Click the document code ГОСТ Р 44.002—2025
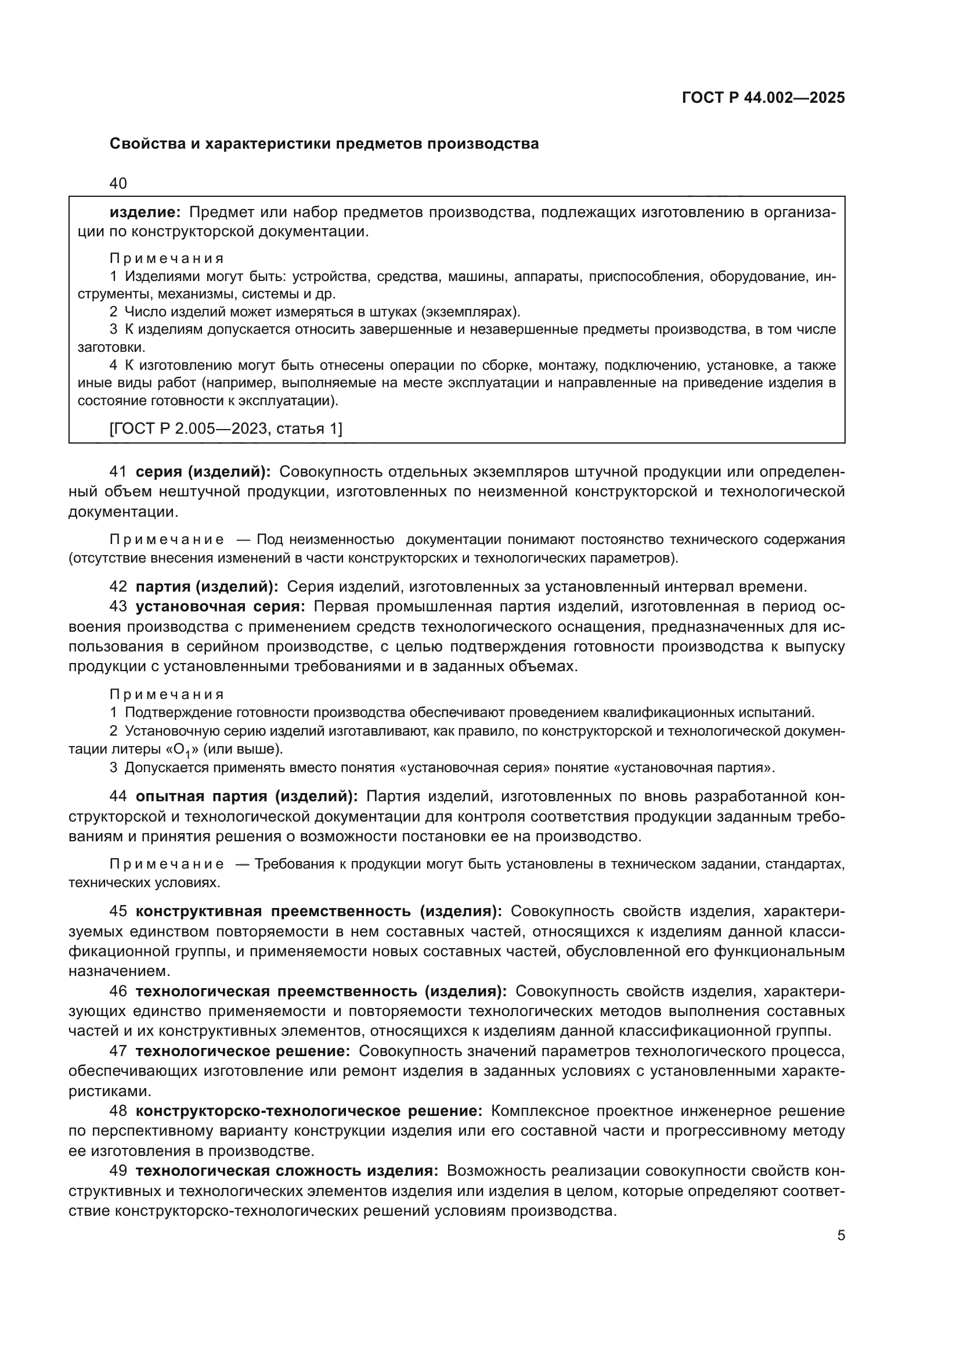coord(763,98)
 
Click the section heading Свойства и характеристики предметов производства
coord(324,144)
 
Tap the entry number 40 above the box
coord(118,183)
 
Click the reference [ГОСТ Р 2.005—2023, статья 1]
coord(226,428)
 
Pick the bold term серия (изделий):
coord(203,471)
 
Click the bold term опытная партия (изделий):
coord(247,796)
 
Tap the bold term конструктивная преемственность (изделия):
coord(319,911)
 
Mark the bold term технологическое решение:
coord(243,1051)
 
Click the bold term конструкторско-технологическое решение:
coord(309,1111)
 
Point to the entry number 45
coord(118,911)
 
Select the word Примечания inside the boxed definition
coord(167,258)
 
